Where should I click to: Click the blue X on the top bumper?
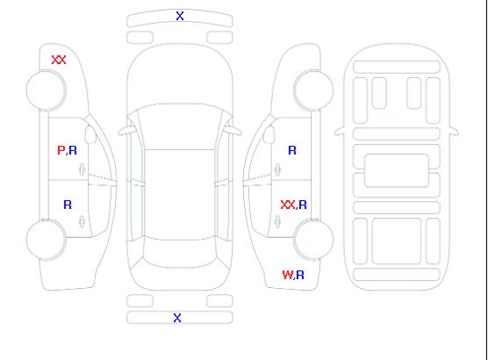tap(180, 16)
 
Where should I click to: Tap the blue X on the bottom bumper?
tap(177, 318)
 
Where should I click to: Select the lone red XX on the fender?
tap(59, 60)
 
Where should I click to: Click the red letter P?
tap(61, 150)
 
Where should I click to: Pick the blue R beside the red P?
tap(73, 150)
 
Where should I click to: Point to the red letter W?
tap(287, 275)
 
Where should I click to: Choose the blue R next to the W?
tap(300, 275)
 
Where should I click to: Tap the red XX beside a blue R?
tap(288, 205)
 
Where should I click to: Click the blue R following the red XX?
tap(303, 205)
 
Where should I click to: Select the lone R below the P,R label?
tap(68, 205)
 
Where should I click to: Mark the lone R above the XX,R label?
tap(292, 150)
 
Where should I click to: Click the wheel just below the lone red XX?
tap(46, 90)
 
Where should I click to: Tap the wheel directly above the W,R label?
tap(313, 239)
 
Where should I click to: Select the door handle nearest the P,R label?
tap(83, 169)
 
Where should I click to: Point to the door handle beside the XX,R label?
tap(277, 221)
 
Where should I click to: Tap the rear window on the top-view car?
tap(180, 253)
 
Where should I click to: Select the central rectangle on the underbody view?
tap(397, 170)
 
